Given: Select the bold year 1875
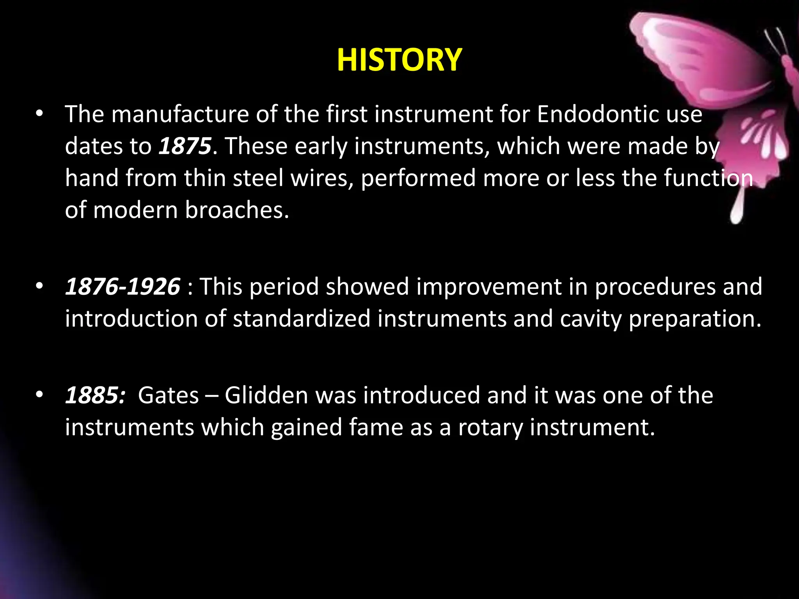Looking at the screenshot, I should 185,146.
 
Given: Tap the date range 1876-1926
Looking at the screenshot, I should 123,287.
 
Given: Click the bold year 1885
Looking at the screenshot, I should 95,395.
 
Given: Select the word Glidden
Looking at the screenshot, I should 266,395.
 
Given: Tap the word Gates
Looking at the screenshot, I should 169,395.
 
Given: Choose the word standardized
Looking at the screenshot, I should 302,319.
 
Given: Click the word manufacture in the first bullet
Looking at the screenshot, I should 180,114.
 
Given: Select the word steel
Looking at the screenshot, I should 258,178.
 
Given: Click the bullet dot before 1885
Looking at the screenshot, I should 39,395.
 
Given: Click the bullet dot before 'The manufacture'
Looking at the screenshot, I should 39,114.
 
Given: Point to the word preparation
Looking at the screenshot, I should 695,319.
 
